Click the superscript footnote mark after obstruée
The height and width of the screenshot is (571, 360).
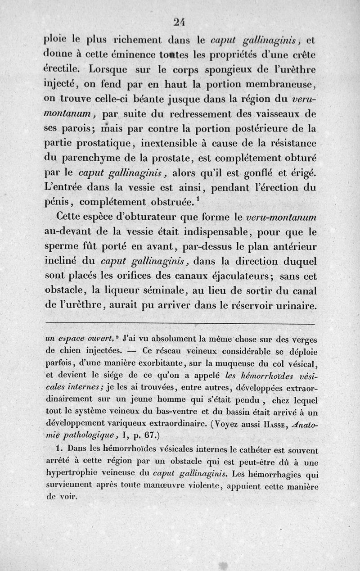198,198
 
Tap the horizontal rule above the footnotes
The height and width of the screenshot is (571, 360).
180,323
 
